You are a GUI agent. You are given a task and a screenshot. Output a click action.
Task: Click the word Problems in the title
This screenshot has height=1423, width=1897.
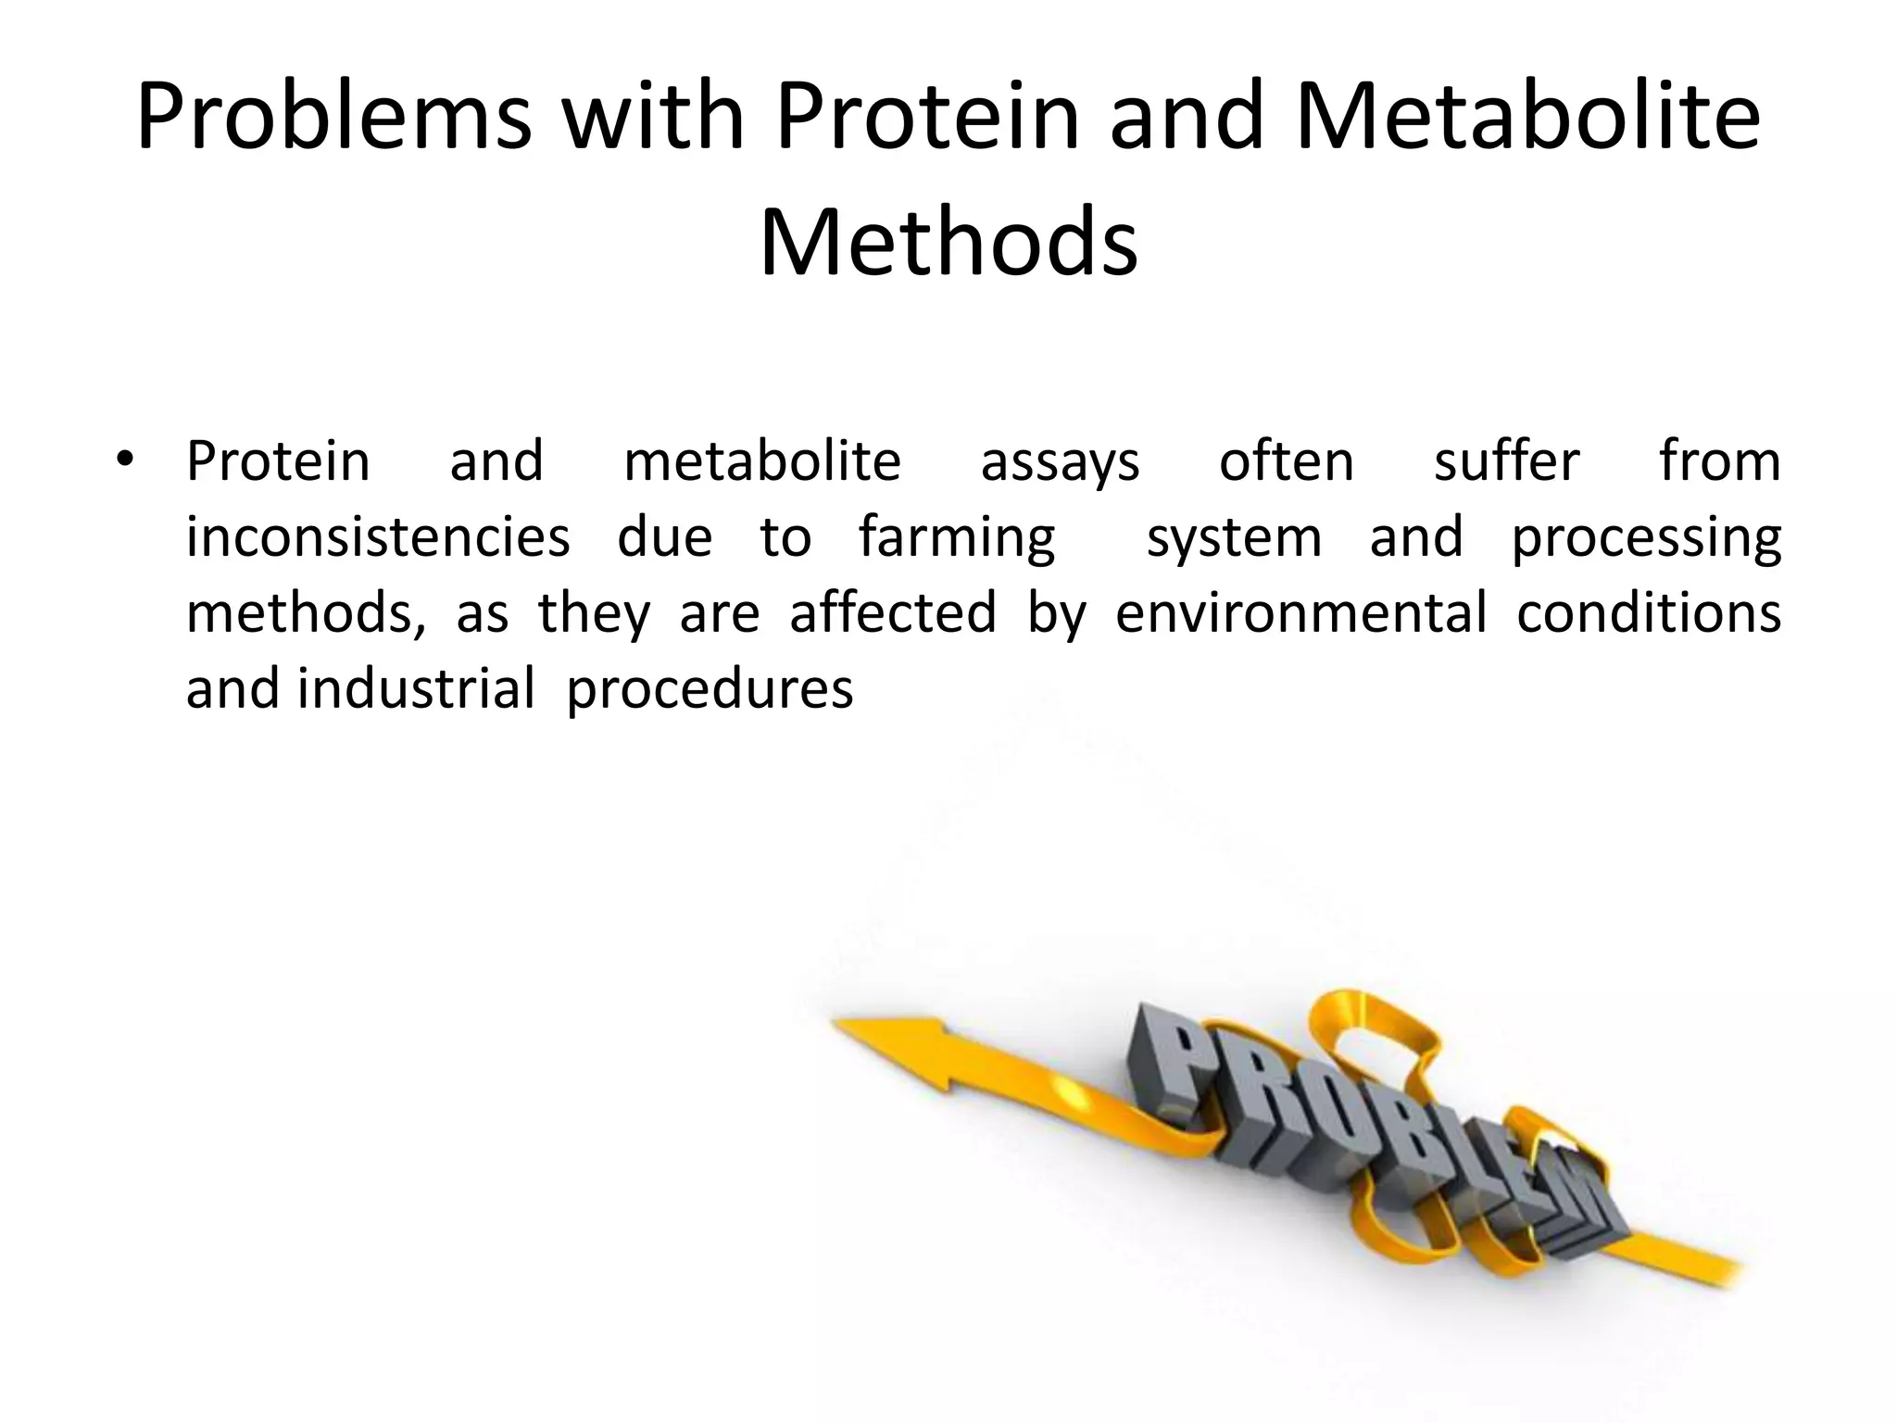point(333,119)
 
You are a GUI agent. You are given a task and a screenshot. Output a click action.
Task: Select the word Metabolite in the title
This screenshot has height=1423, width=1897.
point(1527,119)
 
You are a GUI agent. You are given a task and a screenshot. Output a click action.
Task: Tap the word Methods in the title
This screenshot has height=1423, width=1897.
point(948,243)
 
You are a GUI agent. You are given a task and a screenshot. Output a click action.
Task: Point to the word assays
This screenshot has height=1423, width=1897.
point(1060,462)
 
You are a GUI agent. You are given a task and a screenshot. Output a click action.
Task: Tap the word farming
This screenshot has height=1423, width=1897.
point(956,538)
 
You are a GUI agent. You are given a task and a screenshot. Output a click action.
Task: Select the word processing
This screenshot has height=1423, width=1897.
point(1646,538)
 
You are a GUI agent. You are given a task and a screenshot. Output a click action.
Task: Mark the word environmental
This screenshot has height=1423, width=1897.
point(1300,612)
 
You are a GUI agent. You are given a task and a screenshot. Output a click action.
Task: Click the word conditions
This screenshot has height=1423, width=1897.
point(1648,612)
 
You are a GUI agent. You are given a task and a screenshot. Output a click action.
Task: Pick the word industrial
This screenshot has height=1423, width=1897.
point(416,688)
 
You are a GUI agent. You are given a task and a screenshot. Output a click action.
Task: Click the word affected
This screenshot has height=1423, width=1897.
point(893,612)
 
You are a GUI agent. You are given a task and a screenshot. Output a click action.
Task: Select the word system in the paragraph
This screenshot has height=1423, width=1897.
point(1234,538)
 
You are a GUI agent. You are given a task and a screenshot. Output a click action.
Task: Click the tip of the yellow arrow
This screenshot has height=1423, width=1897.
point(836,1024)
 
